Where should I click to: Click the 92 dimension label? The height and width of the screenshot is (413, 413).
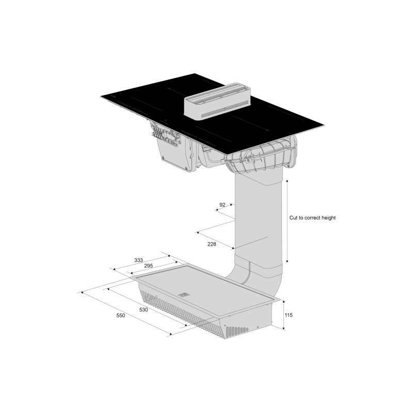click(x=223, y=204)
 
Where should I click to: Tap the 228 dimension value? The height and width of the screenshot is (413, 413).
click(x=212, y=244)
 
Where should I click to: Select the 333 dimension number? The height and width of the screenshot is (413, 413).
click(x=138, y=260)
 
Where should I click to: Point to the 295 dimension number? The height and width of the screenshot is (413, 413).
click(x=149, y=266)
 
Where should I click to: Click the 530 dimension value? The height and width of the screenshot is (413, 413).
click(x=144, y=310)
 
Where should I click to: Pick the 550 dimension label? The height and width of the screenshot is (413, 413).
click(x=121, y=315)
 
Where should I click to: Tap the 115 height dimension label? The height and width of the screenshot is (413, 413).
click(x=289, y=315)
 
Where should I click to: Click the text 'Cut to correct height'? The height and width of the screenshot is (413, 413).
click(x=312, y=218)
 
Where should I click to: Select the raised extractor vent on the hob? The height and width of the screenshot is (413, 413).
click(x=217, y=101)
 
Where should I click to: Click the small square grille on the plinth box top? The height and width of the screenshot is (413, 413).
click(x=183, y=295)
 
